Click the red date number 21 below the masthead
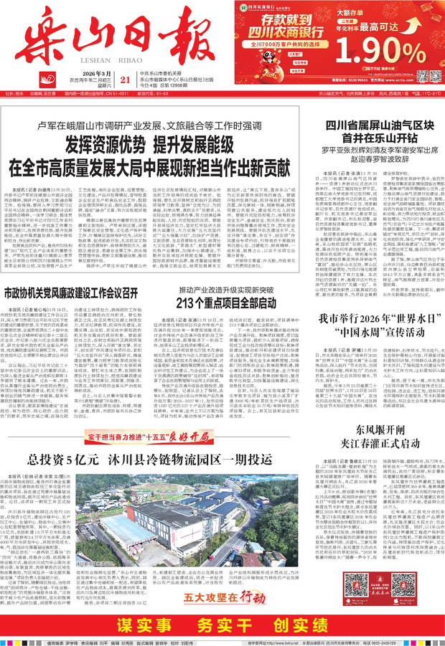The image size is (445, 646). (126, 80)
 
